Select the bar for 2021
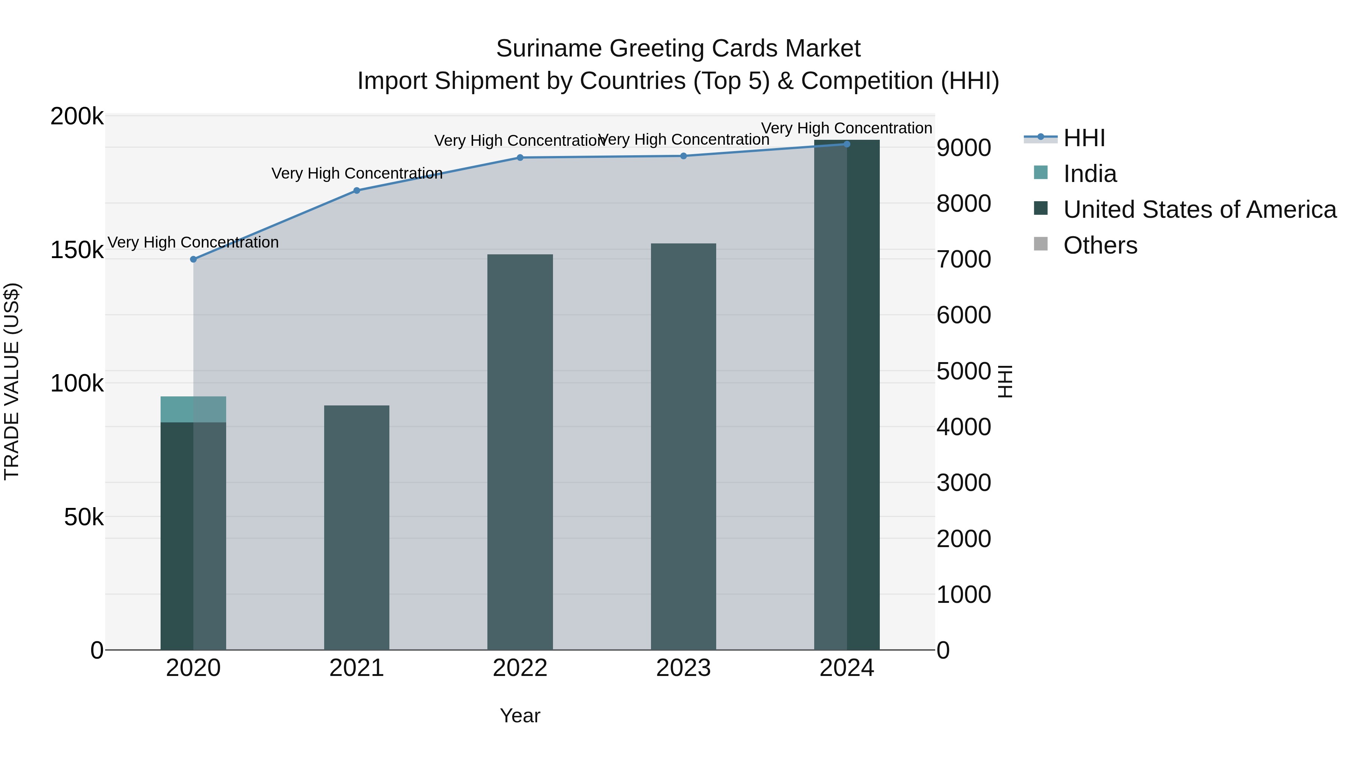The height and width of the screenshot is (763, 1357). (357, 527)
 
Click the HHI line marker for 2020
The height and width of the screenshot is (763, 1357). (193, 259)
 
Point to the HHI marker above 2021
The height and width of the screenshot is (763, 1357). (357, 191)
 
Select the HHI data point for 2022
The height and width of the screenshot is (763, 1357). (520, 157)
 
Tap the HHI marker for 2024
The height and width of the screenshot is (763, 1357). (847, 144)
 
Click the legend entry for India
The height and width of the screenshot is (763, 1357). (1089, 174)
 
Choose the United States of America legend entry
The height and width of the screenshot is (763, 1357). (1199, 209)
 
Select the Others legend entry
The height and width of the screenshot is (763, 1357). (1100, 245)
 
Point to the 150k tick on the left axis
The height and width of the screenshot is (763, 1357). (77, 250)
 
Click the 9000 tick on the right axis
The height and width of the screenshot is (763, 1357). (963, 148)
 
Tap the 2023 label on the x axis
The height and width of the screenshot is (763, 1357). (683, 668)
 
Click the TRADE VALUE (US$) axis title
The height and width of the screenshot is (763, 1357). (12, 382)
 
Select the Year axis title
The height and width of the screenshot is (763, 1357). (520, 716)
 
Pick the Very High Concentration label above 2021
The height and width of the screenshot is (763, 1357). (357, 173)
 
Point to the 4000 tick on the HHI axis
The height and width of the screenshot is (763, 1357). (963, 427)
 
